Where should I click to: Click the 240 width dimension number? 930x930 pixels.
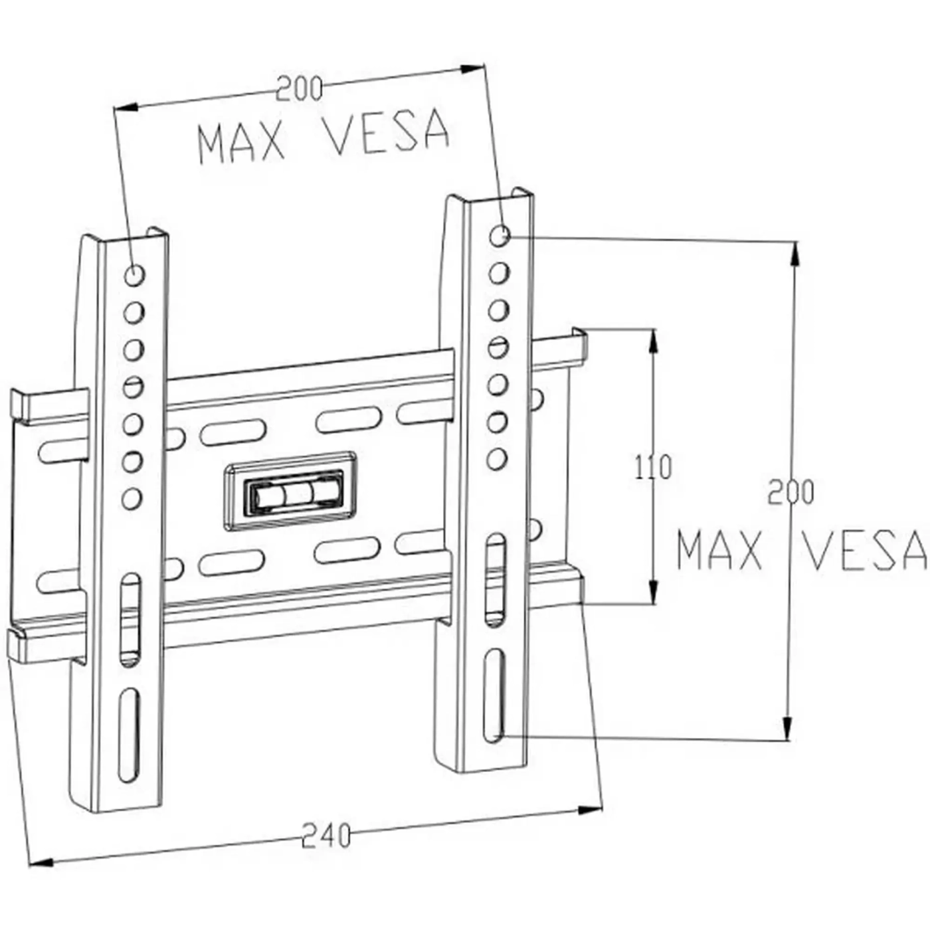click(325, 836)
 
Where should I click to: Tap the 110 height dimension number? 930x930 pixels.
click(653, 467)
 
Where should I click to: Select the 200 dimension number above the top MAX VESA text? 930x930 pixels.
click(299, 88)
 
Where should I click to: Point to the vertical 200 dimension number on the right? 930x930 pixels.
click(790, 492)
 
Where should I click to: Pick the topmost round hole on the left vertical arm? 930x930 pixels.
click(134, 274)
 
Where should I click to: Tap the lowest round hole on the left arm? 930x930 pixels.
click(132, 498)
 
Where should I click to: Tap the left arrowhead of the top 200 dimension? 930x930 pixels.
click(126, 107)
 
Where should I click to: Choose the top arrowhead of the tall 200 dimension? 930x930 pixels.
click(793, 252)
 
